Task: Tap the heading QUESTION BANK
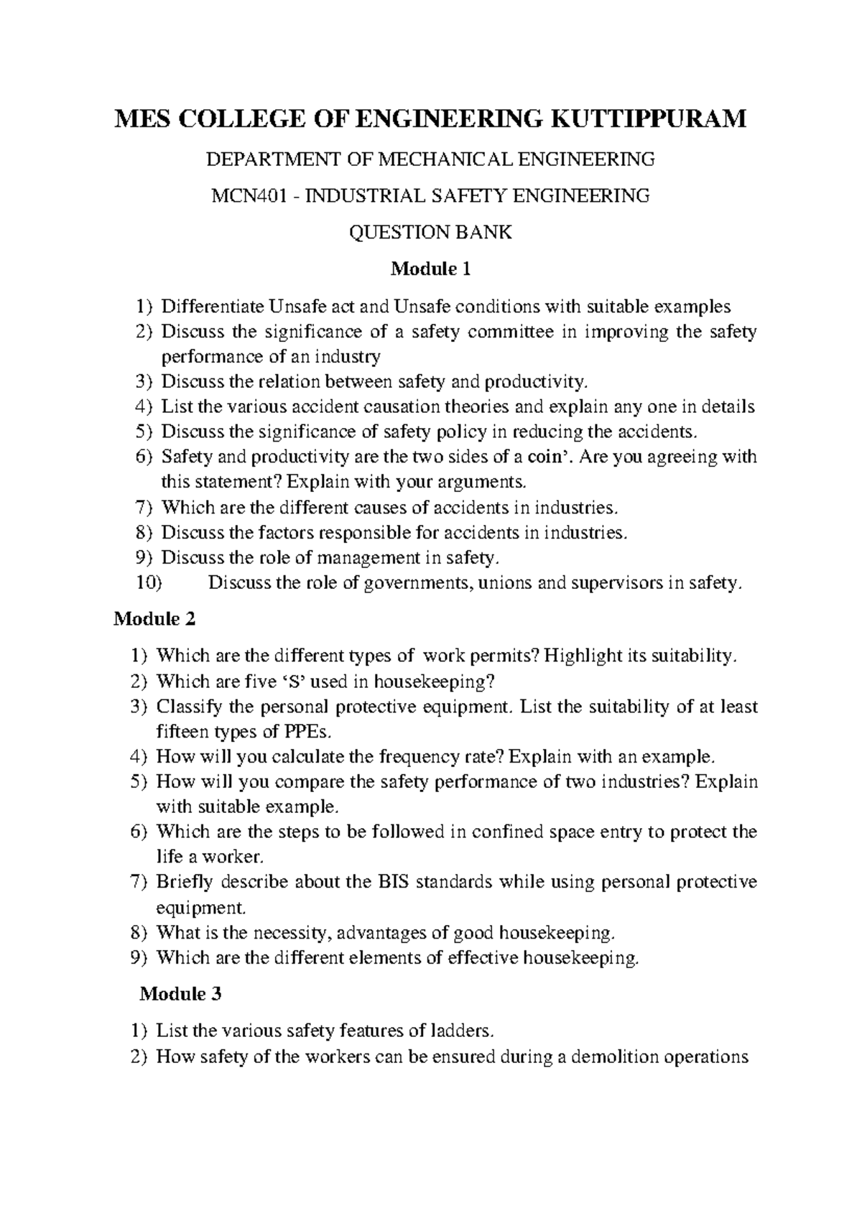(430, 232)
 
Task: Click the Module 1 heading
(430, 270)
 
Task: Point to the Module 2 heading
(154, 618)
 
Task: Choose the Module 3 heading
(180, 994)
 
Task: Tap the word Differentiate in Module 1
(213, 307)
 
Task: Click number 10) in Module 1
(149, 583)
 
